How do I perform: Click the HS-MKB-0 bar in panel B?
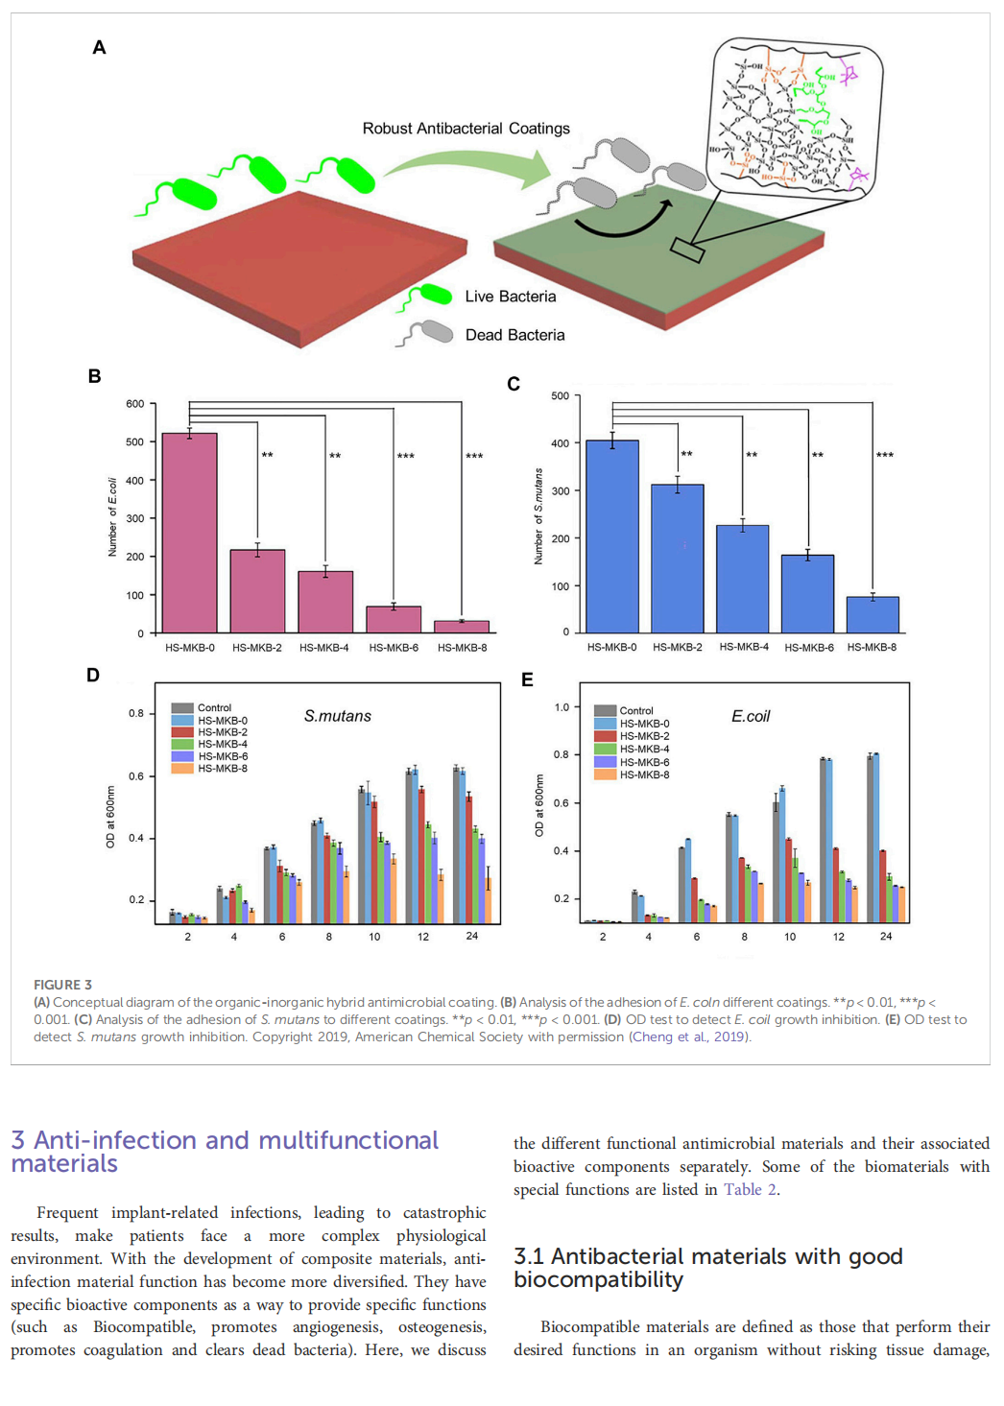tap(189, 533)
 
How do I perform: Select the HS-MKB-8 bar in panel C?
tap(873, 614)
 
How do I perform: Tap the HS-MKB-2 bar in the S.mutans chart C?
tap(678, 558)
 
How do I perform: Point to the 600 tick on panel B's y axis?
tap(135, 404)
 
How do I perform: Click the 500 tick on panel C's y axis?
tap(561, 395)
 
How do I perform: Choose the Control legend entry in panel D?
tap(214, 708)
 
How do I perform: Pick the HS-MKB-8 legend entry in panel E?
tap(644, 774)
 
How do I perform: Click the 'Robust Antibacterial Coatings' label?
tap(466, 129)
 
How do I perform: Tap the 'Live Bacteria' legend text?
tap(510, 297)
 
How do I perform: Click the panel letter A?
tap(99, 47)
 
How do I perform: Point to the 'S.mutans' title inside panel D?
tap(337, 716)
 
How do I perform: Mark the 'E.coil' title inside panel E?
tap(751, 716)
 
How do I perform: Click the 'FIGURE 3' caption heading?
tap(63, 985)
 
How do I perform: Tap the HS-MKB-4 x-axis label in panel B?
tap(324, 648)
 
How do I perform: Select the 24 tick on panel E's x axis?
tap(886, 936)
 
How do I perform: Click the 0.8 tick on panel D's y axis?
tap(136, 713)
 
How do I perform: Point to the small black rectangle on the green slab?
tap(687, 250)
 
